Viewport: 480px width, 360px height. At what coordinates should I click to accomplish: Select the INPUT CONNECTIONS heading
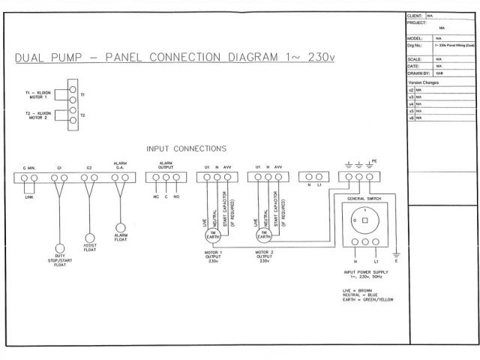[x=187, y=148]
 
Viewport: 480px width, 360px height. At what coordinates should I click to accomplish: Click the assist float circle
[x=89, y=237]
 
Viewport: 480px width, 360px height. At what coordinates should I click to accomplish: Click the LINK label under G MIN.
[x=30, y=196]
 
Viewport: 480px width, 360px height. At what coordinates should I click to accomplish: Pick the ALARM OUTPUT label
[x=166, y=165]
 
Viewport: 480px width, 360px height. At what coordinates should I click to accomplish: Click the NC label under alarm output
[x=155, y=196]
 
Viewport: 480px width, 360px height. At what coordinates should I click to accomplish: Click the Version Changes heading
[x=423, y=82]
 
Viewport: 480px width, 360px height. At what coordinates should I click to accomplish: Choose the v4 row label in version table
[x=411, y=103]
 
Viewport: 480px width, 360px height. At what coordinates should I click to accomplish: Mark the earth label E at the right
[x=396, y=261]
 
